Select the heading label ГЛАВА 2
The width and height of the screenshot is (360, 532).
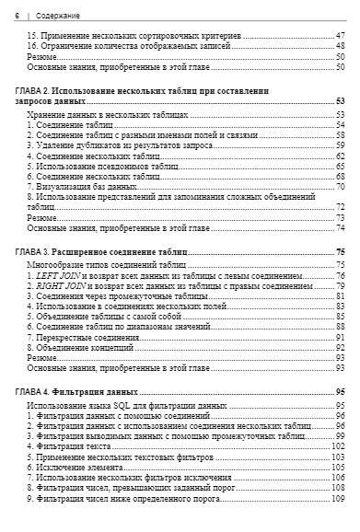(x=35, y=91)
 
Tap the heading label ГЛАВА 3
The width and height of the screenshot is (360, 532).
(x=35, y=250)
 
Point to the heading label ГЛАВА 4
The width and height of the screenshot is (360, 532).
(x=35, y=391)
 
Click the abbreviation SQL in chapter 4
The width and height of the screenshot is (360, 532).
(x=117, y=405)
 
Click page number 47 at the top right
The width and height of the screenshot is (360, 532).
(x=340, y=34)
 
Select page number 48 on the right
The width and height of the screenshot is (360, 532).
(x=340, y=45)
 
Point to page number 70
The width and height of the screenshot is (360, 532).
(x=340, y=186)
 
